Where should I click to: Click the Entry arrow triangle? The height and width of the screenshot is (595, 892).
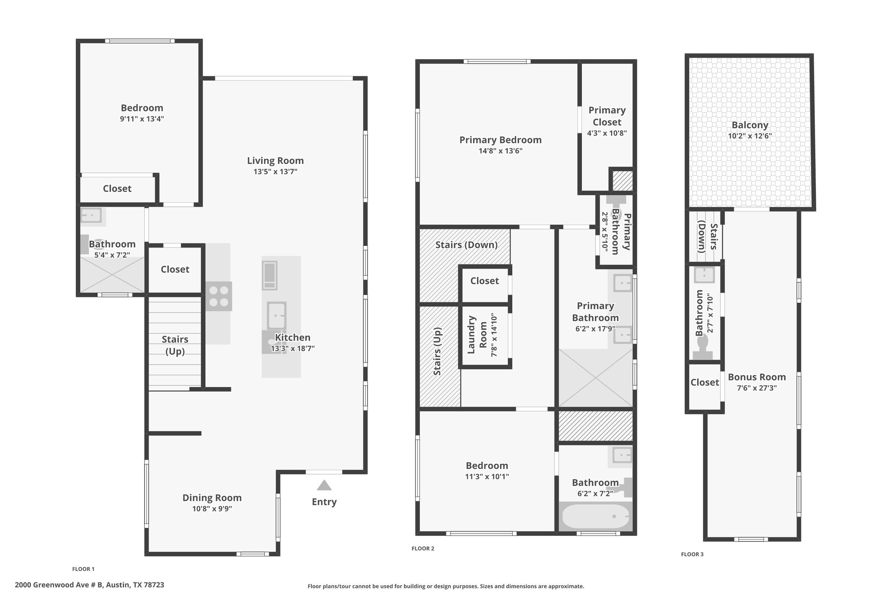[x=324, y=485]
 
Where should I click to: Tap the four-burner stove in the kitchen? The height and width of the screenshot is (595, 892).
[x=219, y=296]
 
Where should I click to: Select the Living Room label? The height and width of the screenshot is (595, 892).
[x=275, y=160]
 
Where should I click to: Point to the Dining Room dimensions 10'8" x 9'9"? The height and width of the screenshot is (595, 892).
[x=212, y=509]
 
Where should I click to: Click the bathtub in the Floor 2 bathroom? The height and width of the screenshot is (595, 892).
[x=595, y=517]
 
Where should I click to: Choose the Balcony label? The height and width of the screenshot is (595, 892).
[x=750, y=125]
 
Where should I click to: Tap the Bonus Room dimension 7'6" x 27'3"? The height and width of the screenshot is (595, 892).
[x=757, y=388]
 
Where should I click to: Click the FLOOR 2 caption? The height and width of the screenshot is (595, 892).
[x=423, y=548]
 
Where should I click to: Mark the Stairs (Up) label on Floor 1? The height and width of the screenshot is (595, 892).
[x=175, y=345]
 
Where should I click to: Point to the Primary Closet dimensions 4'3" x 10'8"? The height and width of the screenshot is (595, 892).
[x=607, y=133]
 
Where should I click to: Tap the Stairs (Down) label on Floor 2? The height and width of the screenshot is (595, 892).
[x=466, y=245]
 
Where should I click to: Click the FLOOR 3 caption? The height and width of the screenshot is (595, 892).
[x=693, y=554]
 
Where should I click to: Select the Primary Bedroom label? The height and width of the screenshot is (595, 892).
[x=500, y=140]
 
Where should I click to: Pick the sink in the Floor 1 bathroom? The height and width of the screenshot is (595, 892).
[x=91, y=215]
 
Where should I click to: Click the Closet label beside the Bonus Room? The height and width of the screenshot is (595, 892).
[x=705, y=382]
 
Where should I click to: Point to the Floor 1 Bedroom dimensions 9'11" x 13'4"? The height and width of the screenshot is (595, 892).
[x=142, y=119]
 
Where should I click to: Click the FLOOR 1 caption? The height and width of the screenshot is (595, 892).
[x=83, y=569]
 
